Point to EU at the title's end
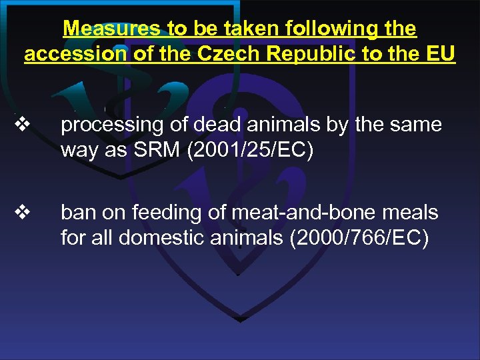coord(440,53)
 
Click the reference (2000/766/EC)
coord(354,237)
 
